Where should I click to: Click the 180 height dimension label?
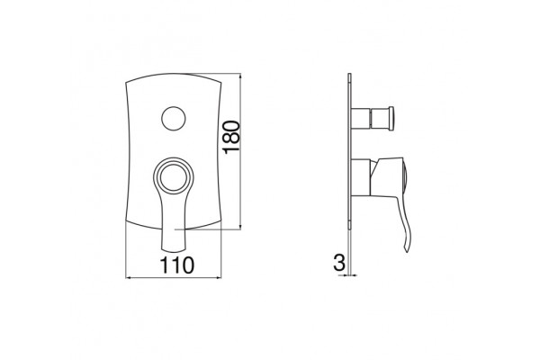click(231, 137)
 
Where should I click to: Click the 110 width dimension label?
click(177, 265)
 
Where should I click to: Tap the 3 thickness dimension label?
click(339, 263)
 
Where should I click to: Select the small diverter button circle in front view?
click(174, 118)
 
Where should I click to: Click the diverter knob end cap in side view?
click(391, 119)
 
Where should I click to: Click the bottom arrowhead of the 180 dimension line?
click(240, 226)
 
